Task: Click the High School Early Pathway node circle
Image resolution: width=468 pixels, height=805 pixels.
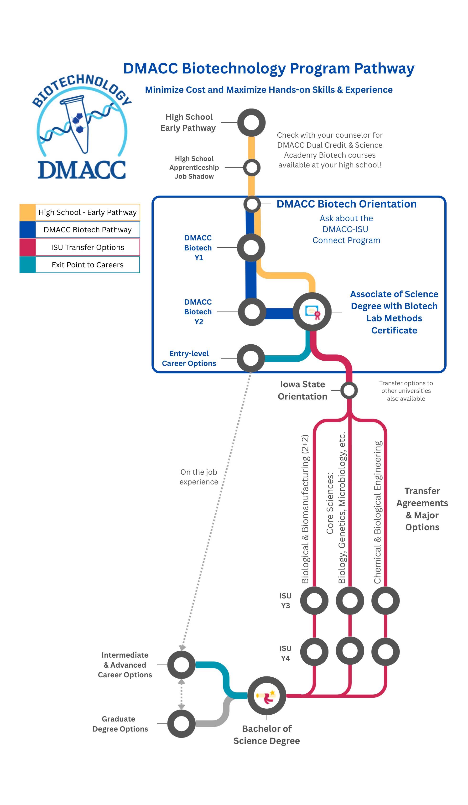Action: pyautogui.click(x=251, y=122)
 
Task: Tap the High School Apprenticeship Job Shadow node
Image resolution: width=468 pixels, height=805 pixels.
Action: pyautogui.click(x=252, y=168)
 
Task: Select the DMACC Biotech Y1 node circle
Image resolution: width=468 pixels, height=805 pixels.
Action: pyautogui.click(x=251, y=248)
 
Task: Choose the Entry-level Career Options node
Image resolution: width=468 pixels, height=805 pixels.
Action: pyautogui.click(x=251, y=358)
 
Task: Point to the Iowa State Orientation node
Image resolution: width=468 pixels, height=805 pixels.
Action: pyautogui.click(x=349, y=390)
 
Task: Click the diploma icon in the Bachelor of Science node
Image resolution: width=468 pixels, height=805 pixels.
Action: pyautogui.click(x=266, y=696)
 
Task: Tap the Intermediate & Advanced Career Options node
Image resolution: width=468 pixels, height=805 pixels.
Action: pyautogui.click(x=182, y=665)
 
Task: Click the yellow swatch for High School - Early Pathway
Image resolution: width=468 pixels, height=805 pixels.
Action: pyautogui.click(x=27, y=213)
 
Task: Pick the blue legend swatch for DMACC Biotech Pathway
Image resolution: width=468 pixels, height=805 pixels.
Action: pyautogui.click(x=27, y=230)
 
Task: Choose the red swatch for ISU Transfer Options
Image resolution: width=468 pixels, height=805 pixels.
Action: pyautogui.click(x=27, y=247)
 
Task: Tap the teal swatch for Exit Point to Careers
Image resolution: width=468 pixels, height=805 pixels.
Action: pyautogui.click(x=27, y=265)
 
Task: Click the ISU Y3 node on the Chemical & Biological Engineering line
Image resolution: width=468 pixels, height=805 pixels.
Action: pyautogui.click(x=385, y=601)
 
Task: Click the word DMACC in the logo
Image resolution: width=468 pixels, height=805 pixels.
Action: pyautogui.click(x=82, y=170)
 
